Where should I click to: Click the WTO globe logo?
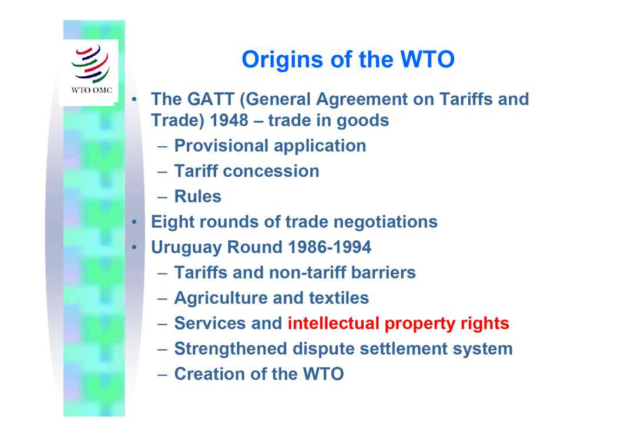[x=90, y=63]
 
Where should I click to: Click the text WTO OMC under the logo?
[x=92, y=90]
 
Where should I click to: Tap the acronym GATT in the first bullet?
[x=211, y=99]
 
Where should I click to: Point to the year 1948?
[x=229, y=120]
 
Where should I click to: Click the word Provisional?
[x=221, y=146]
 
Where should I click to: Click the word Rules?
[x=197, y=196]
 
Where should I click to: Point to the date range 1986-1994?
[x=330, y=247]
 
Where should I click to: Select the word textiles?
[x=338, y=298]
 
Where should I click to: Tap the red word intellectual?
[x=334, y=323]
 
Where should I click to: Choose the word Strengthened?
[x=230, y=349]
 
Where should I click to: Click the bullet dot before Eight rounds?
[x=135, y=222]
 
